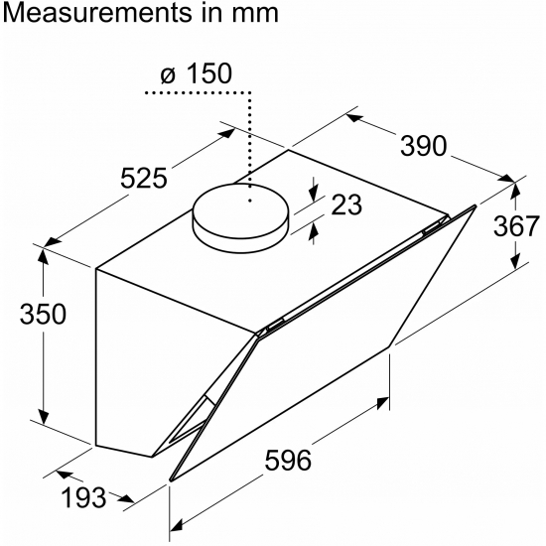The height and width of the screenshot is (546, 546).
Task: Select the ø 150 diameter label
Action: click(196, 73)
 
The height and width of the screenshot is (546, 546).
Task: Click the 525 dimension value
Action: click(144, 179)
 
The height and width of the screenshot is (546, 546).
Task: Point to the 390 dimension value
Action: click(423, 146)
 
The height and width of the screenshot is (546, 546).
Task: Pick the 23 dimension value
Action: click(346, 205)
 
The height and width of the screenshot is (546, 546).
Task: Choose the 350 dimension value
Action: click(43, 314)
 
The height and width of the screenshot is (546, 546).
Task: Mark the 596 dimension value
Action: click(288, 461)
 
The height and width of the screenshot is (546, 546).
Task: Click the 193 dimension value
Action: click(83, 497)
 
